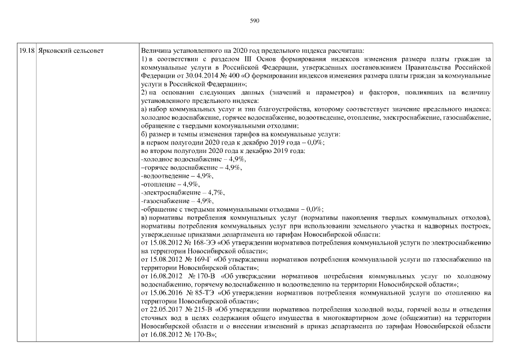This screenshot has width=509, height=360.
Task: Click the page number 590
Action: pos(254,21)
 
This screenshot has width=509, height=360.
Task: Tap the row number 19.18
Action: pos(26,51)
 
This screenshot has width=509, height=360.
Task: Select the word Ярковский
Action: pos(54,51)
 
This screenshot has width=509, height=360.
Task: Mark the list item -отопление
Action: pos(157,184)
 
